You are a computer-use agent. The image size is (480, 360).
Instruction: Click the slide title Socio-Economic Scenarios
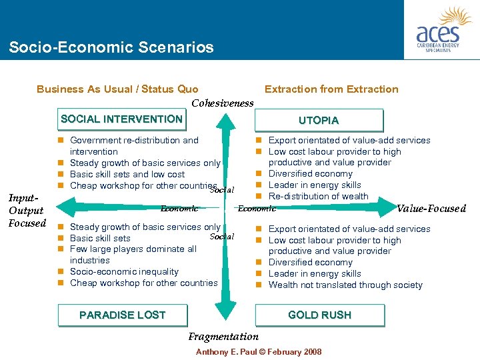coord(111,47)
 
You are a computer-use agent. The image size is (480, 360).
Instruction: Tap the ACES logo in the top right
coord(442,30)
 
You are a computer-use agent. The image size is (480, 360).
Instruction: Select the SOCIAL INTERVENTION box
coord(121,119)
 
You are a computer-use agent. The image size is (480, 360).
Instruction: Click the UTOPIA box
coord(319,121)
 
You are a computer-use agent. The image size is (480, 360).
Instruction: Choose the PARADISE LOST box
coord(123,315)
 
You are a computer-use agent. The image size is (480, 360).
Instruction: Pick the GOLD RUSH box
coord(319,315)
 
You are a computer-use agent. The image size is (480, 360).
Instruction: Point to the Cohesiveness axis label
coord(223,103)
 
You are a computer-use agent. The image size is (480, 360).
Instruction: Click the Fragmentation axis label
coord(223,337)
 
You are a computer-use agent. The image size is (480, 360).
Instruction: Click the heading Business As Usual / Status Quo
coord(117,89)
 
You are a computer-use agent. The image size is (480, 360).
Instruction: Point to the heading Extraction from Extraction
coord(331,89)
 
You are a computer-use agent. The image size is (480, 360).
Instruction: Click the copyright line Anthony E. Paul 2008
coord(258,351)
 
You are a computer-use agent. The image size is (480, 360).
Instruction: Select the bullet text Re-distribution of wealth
coord(317,196)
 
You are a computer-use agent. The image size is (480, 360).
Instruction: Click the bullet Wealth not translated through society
coord(345,285)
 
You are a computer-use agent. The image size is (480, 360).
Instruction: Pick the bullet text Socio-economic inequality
coord(124,271)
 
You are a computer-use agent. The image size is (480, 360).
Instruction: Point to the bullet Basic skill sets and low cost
coord(127,174)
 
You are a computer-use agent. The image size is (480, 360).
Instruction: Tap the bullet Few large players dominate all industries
coord(133,254)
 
